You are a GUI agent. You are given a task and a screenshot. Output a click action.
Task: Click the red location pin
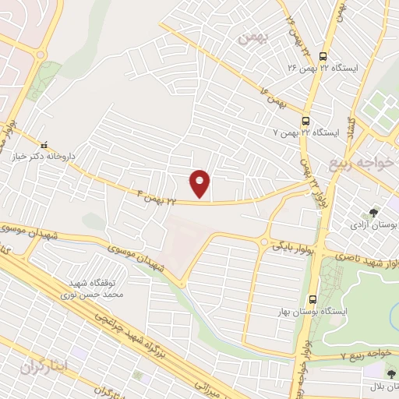(200, 183)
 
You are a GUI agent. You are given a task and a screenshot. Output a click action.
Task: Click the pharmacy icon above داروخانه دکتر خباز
(44, 143)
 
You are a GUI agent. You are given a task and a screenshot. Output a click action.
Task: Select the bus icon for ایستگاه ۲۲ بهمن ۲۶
(320, 54)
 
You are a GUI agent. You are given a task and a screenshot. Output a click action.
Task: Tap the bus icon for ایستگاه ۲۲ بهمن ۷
(305, 121)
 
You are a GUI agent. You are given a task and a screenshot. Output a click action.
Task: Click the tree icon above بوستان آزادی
(374, 211)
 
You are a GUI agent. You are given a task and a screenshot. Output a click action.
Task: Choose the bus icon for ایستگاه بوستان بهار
(312, 299)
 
